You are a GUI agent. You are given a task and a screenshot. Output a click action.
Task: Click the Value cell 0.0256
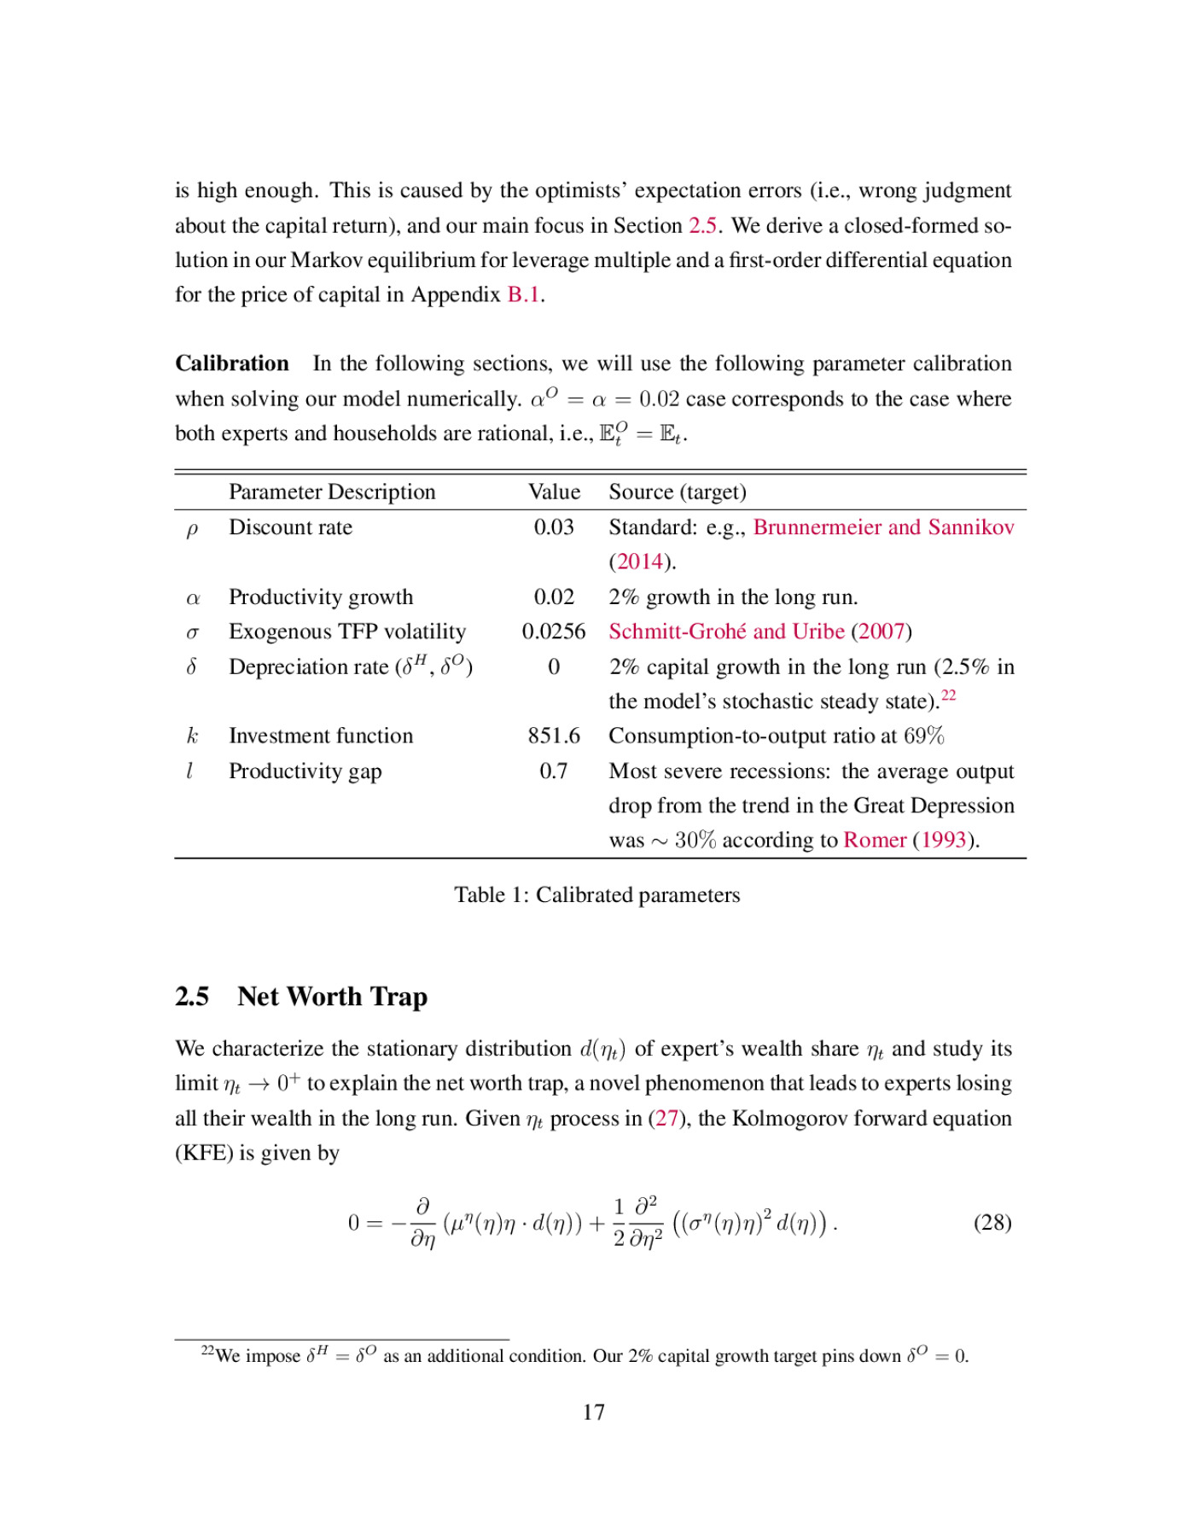(553, 631)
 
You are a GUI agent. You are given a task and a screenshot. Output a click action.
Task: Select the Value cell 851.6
(553, 736)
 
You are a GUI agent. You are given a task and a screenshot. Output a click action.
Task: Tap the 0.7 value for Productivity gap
(553, 771)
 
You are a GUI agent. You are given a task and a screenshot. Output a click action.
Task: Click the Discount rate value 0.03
(553, 527)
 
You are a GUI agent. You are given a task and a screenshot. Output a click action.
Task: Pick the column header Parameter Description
(332, 492)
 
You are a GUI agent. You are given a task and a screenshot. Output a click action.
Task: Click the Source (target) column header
(677, 492)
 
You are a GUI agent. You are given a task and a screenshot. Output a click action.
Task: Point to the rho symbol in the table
(192, 529)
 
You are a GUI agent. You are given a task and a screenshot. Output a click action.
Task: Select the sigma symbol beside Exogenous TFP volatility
(192, 633)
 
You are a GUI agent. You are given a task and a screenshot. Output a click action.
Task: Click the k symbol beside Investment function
(192, 736)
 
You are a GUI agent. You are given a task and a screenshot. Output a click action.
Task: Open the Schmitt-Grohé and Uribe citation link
(726, 631)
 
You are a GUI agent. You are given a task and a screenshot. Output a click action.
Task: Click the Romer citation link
(874, 841)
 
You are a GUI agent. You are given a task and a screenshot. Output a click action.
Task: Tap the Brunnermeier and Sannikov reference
(883, 527)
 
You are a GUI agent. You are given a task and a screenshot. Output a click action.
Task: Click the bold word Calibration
(232, 364)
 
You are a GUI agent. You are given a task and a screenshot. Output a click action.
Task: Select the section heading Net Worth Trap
(332, 997)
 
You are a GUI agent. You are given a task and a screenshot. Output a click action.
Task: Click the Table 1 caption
(596, 895)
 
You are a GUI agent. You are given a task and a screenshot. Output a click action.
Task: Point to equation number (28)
(992, 1223)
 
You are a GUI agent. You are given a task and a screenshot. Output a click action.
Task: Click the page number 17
(594, 1413)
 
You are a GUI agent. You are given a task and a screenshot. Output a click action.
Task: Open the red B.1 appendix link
(523, 295)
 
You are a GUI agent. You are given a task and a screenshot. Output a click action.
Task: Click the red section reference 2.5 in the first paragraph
(702, 226)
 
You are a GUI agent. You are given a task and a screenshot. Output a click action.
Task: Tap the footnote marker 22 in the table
(948, 695)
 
